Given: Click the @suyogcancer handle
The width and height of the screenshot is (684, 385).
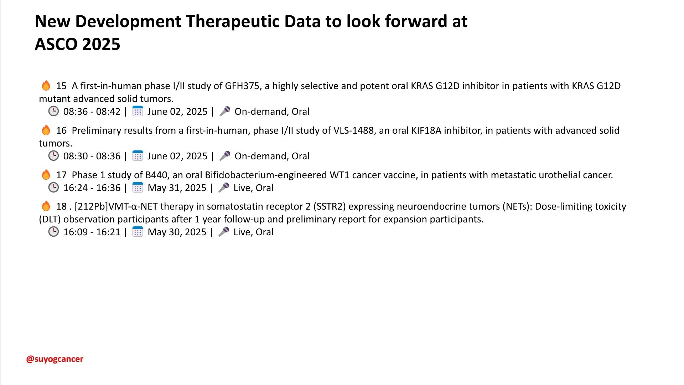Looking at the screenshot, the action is [x=55, y=359].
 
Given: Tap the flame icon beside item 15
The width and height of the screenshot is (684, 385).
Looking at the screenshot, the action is [x=46, y=86].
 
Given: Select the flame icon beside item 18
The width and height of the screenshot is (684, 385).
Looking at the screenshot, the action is [x=46, y=206].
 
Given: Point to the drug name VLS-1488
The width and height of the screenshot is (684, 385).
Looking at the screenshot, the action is [x=353, y=130].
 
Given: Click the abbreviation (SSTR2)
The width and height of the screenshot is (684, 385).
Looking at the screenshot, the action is [x=330, y=206].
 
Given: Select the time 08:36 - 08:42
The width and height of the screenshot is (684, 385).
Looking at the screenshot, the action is [x=92, y=112].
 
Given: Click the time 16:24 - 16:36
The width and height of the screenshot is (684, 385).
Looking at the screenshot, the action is [x=92, y=188].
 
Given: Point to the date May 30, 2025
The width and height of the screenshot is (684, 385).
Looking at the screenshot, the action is [x=177, y=232].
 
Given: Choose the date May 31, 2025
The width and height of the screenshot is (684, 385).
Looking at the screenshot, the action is [x=177, y=188].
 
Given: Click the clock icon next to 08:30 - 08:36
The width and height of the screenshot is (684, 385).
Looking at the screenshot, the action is [x=53, y=156].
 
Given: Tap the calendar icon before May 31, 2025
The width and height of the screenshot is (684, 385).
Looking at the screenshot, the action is [x=138, y=188].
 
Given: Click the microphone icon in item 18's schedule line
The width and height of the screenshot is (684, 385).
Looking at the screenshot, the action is [x=224, y=232].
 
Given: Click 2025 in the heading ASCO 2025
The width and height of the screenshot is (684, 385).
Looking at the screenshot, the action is [x=102, y=44].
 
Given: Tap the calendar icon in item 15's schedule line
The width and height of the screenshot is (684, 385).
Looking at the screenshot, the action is [x=138, y=111].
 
